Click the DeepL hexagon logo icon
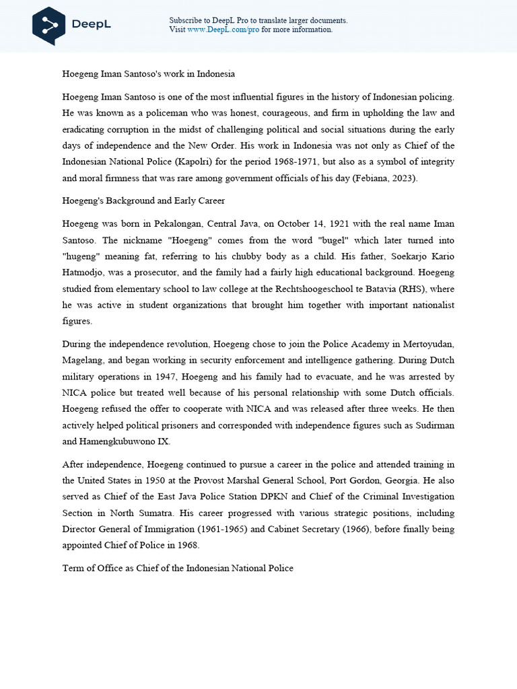pyautogui.click(x=48, y=25)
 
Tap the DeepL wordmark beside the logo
pyautogui.click(x=91, y=25)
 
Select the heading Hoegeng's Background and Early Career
pyautogui.click(x=143, y=201)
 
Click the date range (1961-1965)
pyautogui.click(x=174, y=529)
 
